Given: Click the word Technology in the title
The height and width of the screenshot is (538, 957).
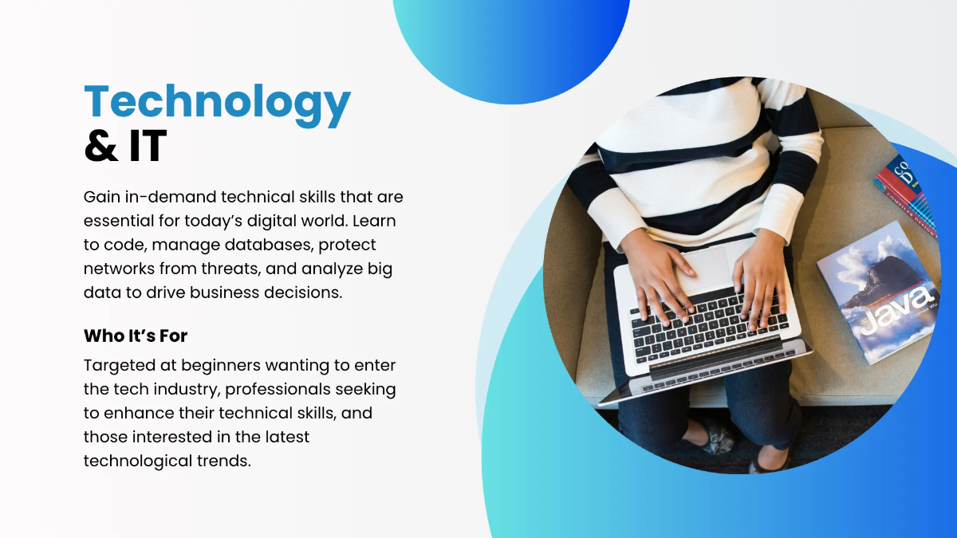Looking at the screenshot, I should pos(217,104).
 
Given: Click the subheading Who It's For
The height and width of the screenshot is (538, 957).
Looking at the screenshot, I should pos(136,336).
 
